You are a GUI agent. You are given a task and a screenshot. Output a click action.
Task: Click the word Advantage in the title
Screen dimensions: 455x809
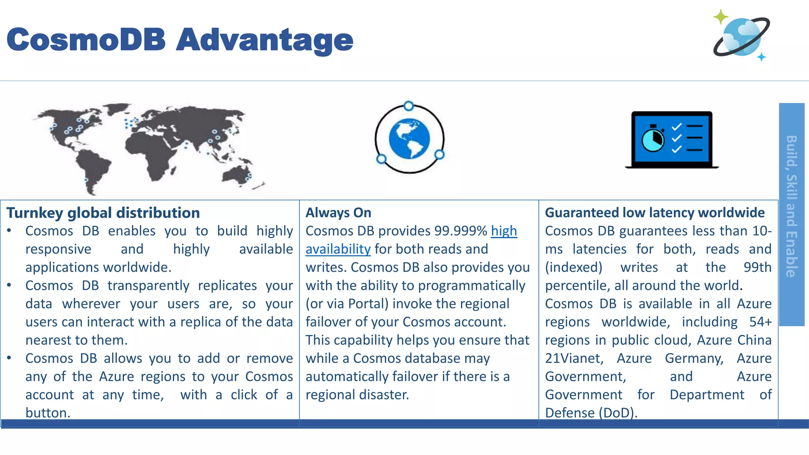pos(264,40)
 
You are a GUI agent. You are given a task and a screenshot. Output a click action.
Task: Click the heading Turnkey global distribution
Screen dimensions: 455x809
pos(103,213)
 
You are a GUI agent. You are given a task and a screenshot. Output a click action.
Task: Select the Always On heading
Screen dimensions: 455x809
pos(338,213)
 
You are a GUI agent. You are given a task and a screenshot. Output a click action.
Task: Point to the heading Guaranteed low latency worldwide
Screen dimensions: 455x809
pos(655,213)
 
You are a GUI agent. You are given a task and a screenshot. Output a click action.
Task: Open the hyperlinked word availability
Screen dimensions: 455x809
pos(338,249)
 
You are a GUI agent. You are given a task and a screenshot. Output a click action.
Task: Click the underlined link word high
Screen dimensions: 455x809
pos(504,231)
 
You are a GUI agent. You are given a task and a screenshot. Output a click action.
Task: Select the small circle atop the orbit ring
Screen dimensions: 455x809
pos(409,106)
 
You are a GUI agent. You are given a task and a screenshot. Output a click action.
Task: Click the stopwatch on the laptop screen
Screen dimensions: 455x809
pos(653,139)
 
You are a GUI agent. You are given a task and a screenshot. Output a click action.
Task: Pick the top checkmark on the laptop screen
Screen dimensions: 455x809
pos(677,127)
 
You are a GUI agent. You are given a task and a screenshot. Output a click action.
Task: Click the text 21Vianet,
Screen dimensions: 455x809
pos(574,358)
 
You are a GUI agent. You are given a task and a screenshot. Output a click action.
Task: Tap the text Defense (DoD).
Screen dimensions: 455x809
pos(591,413)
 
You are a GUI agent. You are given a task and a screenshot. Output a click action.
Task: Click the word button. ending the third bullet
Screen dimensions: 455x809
pos(48,413)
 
